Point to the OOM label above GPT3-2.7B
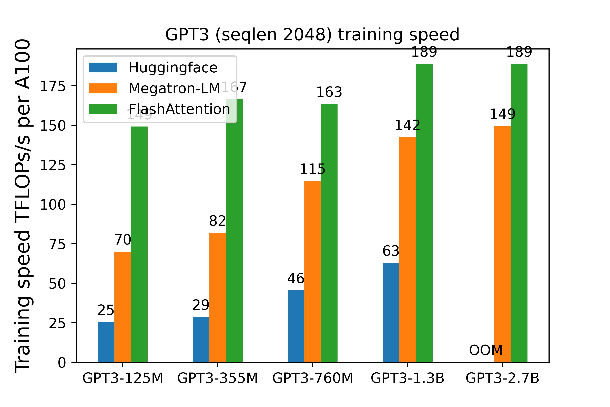pos(485,350)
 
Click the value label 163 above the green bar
pos(329,92)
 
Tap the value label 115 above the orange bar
pos(312,169)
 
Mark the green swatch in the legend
pos(103,109)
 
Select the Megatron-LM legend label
pos(174,89)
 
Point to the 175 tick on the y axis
pos(53,86)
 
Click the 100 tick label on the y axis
pos(53,205)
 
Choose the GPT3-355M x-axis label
pos(217,378)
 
